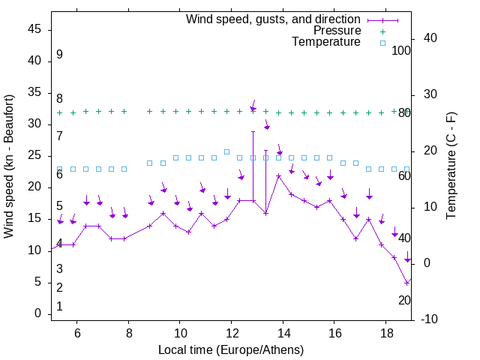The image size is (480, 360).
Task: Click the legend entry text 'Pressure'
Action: [x=337, y=31]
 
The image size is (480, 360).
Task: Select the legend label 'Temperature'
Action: [x=326, y=42]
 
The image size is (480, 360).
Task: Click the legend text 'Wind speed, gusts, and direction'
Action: [x=274, y=19]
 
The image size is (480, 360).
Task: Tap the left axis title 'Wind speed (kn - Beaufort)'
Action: [x=9, y=166]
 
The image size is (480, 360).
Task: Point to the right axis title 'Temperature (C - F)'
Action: [x=451, y=166]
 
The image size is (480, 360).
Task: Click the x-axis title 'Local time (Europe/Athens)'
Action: [x=231, y=349]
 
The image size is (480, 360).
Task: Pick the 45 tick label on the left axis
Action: [x=34, y=29]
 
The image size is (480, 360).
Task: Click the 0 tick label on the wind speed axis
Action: [x=38, y=313]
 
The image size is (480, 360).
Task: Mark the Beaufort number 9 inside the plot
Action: [x=59, y=55]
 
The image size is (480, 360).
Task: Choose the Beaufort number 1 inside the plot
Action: [x=59, y=307]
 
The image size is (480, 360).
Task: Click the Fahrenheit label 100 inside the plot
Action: [x=401, y=50]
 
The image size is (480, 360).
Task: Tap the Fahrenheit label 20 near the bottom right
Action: [x=404, y=300]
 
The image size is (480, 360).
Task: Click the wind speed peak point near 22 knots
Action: [x=278, y=176]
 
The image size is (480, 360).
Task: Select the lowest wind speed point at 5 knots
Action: [x=406, y=283]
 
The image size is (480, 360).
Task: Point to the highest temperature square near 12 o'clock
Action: [x=226, y=151]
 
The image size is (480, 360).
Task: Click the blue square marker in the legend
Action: [x=382, y=43]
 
